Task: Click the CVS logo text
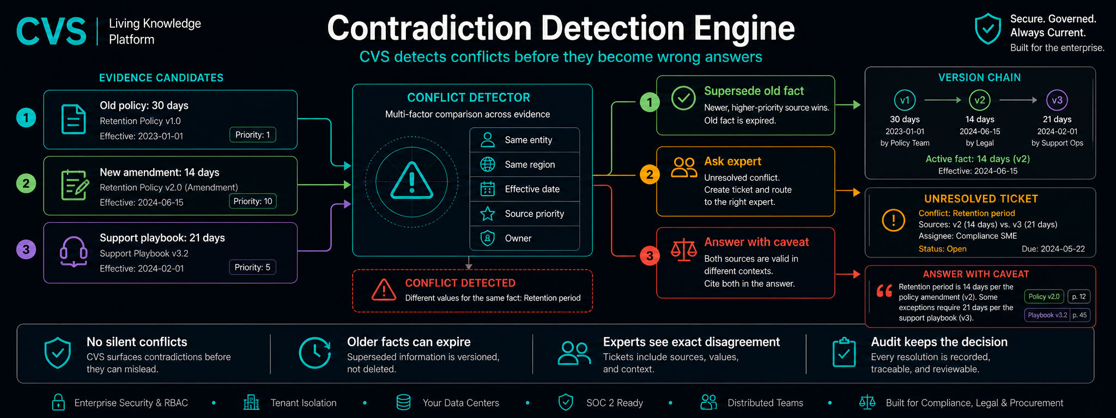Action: pyautogui.click(x=51, y=31)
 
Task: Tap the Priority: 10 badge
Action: pyautogui.click(x=253, y=201)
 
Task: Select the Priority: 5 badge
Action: pyautogui.click(x=252, y=267)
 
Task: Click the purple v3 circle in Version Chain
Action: pyautogui.click(x=1057, y=100)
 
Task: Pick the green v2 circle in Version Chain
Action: pyautogui.click(x=980, y=100)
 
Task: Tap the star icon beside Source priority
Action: pyautogui.click(x=488, y=213)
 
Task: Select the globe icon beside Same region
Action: pyautogui.click(x=488, y=164)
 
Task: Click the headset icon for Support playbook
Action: pyautogui.click(x=74, y=251)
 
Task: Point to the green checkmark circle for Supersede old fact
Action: pyautogui.click(x=683, y=98)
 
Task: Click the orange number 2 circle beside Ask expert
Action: pyautogui.click(x=650, y=175)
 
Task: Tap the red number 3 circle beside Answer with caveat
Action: pyautogui.click(x=650, y=255)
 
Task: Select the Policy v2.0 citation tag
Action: pyautogui.click(x=1044, y=297)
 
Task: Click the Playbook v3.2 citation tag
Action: pyautogui.click(x=1047, y=315)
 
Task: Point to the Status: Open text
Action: pyautogui.click(x=943, y=249)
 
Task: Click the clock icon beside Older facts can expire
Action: pyautogui.click(x=315, y=353)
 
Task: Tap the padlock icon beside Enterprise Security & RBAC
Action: pyautogui.click(x=58, y=402)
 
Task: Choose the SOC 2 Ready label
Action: pyautogui.click(x=615, y=403)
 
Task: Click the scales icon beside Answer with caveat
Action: pyautogui.click(x=684, y=250)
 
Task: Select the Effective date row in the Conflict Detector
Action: pyautogui.click(x=525, y=189)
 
